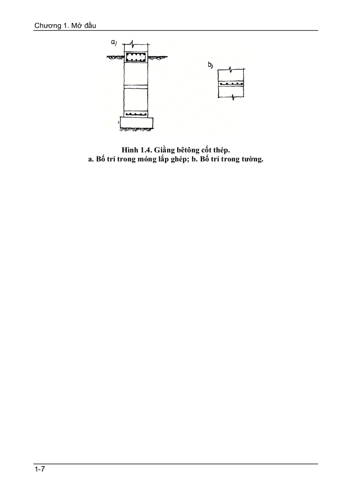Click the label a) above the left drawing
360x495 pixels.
(113, 43)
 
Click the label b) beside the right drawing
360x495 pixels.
(210, 66)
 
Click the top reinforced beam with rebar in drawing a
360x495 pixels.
(136, 57)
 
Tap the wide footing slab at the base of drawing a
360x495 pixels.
(136, 123)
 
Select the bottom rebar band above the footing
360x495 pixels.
(136, 114)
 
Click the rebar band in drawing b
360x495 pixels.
(231, 83)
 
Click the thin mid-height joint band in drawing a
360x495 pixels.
(136, 86)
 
